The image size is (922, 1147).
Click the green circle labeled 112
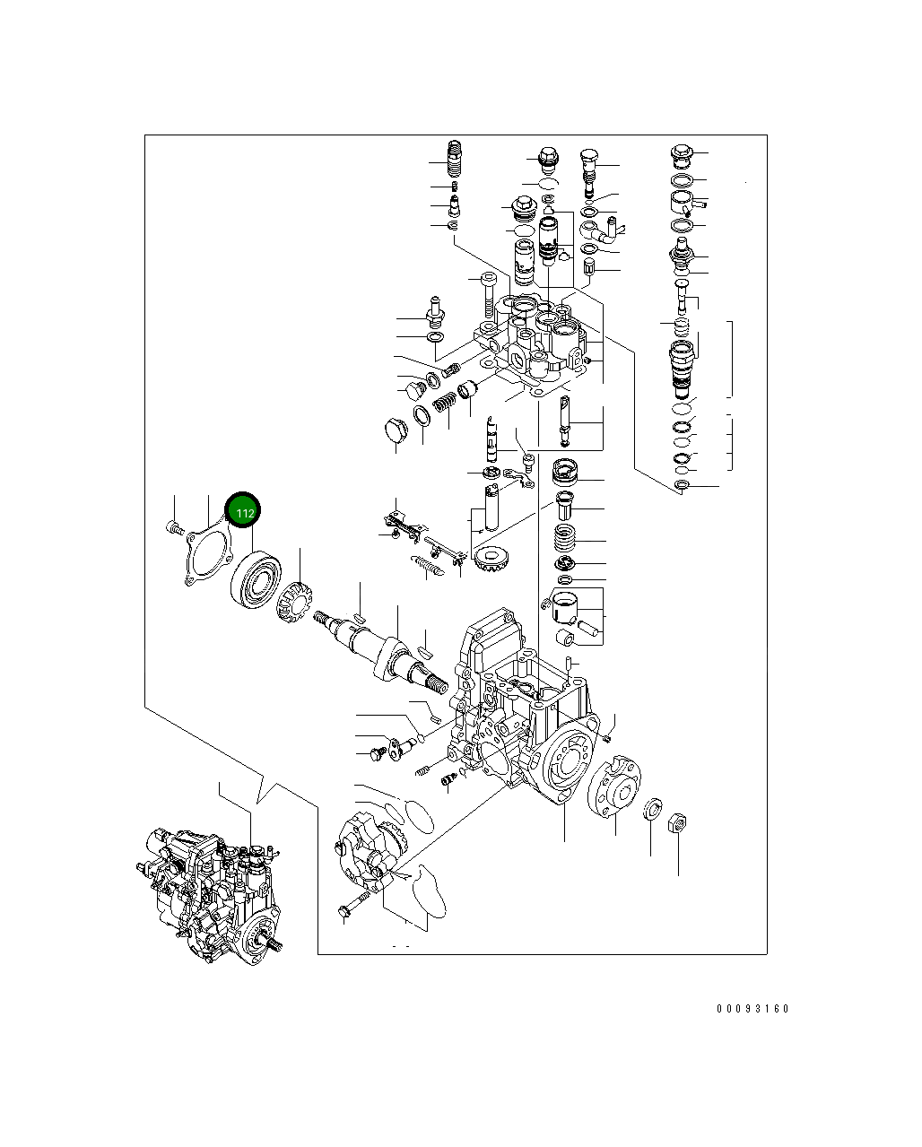click(242, 512)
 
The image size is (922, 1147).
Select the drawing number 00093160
click(752, 1009)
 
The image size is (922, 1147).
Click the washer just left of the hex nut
click(654, 810)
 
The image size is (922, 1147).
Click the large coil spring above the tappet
click(564, 539)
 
